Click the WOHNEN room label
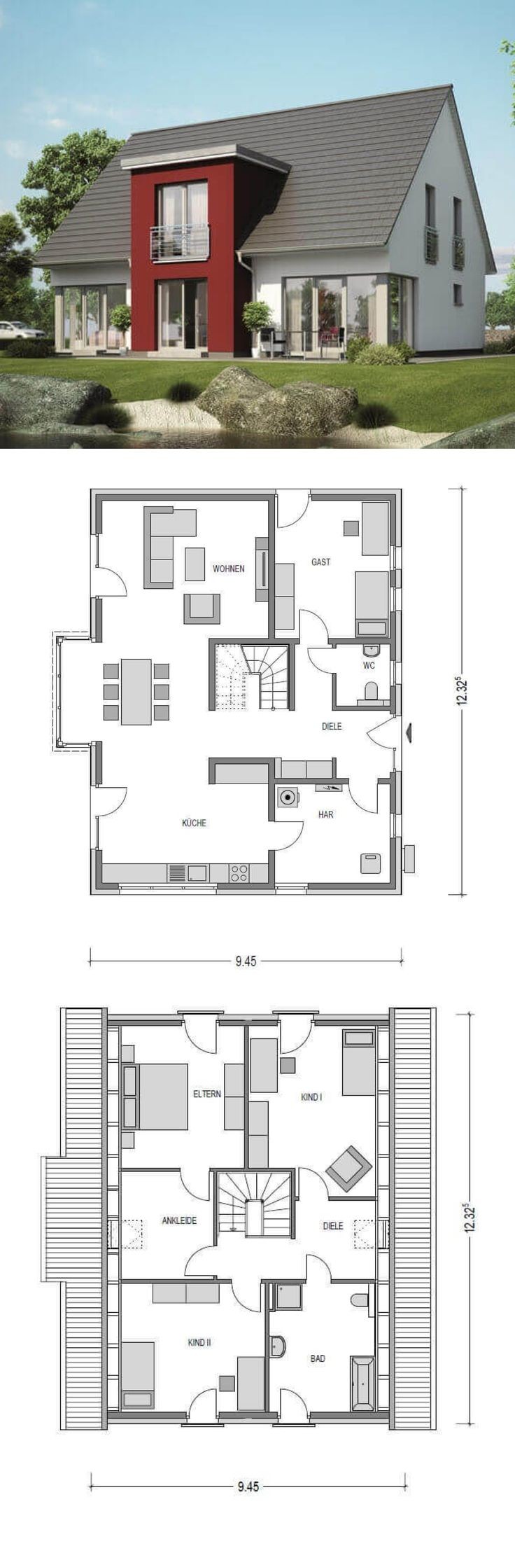tap(229, 569)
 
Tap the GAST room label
tap(321, 562)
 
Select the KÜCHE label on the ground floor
tap(194, 823)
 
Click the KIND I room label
tap(311, 1098)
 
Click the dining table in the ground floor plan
tap(136, 691)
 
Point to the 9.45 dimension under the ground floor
tap(246, 961)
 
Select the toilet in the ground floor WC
tap(371, 692)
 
